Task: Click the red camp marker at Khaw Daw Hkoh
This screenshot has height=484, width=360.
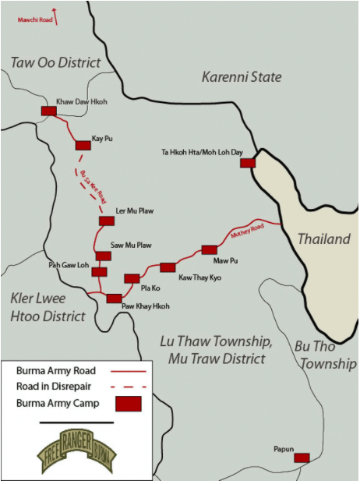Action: click(x=48, y=111)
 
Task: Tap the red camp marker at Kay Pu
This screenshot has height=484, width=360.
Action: click(x=83, y=145)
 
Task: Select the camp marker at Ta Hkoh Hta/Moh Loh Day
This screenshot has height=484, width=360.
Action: click(x=248, y=163)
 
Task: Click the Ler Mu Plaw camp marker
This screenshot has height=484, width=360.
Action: click(x=107, y=221)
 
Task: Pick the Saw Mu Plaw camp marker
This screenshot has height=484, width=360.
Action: click(x=103, y=256)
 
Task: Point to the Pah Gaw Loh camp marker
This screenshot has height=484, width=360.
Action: click(x=99, y=271)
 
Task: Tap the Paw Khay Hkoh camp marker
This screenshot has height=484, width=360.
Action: click(x=114, y=298)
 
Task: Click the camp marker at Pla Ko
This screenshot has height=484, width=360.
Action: click(x=132, y=278)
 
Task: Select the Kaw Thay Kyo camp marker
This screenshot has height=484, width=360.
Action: click(x=168, y=267)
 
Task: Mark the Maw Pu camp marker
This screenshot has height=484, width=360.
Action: click(x=209, y=249)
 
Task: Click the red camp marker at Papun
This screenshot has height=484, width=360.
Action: click(x=302, y=458)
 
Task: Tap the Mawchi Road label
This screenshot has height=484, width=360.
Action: click(x=35, y=19)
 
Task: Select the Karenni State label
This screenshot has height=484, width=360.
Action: click(x=242, y=76)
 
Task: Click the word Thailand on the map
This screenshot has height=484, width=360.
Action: click(x=323, y=239)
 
